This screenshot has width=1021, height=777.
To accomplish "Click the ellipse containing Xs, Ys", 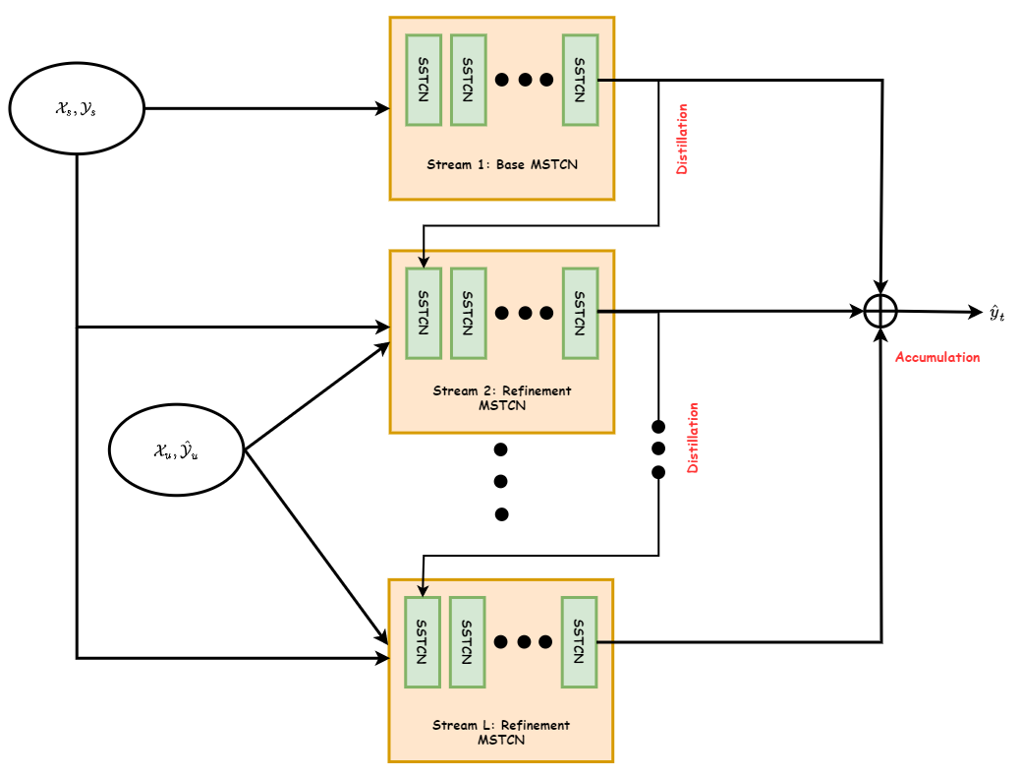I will pyautogui.click(x=77, y=108).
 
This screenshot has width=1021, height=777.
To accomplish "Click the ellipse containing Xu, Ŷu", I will pyautogui.click(x=175, y=451).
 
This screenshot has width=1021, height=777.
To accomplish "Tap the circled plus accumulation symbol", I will pyautogui.click(x=881, y=311).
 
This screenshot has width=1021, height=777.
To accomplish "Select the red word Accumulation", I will pyautogui.click(x=937, y=357).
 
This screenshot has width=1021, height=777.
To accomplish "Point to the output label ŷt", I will pyautogui.click(x=996, y=313).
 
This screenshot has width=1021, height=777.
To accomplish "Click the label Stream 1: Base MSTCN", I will pyautogui.click(x=501, y=164).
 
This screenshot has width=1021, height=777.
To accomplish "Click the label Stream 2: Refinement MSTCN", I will pyautogui.click(x=501, y=397).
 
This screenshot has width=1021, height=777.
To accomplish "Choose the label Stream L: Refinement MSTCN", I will pyautogui.click(x=501, y=732).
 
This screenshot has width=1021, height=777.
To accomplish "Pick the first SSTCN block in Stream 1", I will pyautogui.click(x=424, y=80).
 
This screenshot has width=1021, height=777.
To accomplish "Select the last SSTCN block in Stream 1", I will pyautogui.click(x=580, y=80).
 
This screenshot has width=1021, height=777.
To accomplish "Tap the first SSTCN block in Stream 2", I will pyautogui.click(x=424, y=312).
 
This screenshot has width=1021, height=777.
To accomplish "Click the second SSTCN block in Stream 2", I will pyautogui.click(x=468, y=312).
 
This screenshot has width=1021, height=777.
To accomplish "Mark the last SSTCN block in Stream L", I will pyautogui.click(x=580, y=642).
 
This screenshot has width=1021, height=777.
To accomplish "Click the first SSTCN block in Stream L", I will pyautogui.click(x=423, y=642).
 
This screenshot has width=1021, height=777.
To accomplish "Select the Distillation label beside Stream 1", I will pyautogui.click(x=682, y=139).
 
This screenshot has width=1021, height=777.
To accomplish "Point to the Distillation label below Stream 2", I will pyautogui.click(x=693, y=438).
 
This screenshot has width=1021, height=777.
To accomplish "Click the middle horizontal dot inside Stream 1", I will pyautogui.click(x=525, y=80).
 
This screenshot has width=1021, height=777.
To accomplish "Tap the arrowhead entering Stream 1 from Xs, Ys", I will pyautogui.click(x=383, y=108).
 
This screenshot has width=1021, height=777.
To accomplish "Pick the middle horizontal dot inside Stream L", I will pyautogui.click(x=524, y=642).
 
